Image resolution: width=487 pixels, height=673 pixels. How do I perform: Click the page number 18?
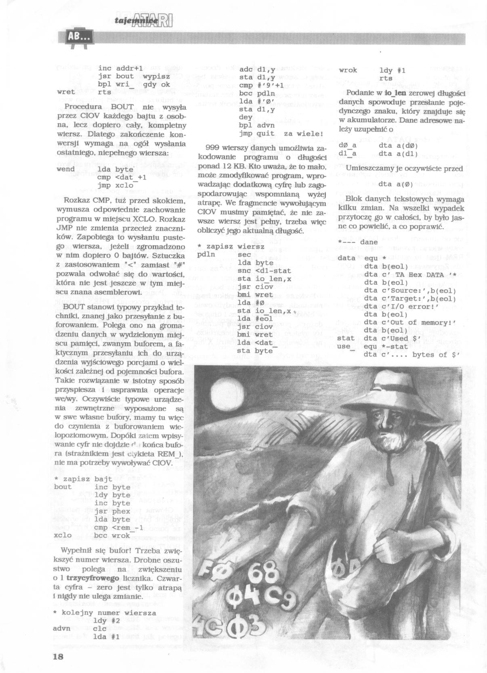[x=58, y=656]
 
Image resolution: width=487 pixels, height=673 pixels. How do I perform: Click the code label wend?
[x=65, y=169]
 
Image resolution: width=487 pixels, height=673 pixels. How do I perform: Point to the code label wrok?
[x=348, y=70]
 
